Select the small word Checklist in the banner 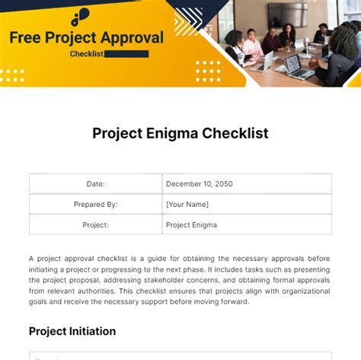point(87,54)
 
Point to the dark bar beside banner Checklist point(126,54)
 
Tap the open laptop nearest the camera point(299,66)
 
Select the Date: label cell point(95,183)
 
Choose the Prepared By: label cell point(95,204)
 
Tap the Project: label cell point(95,225)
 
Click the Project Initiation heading point(72,331)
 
